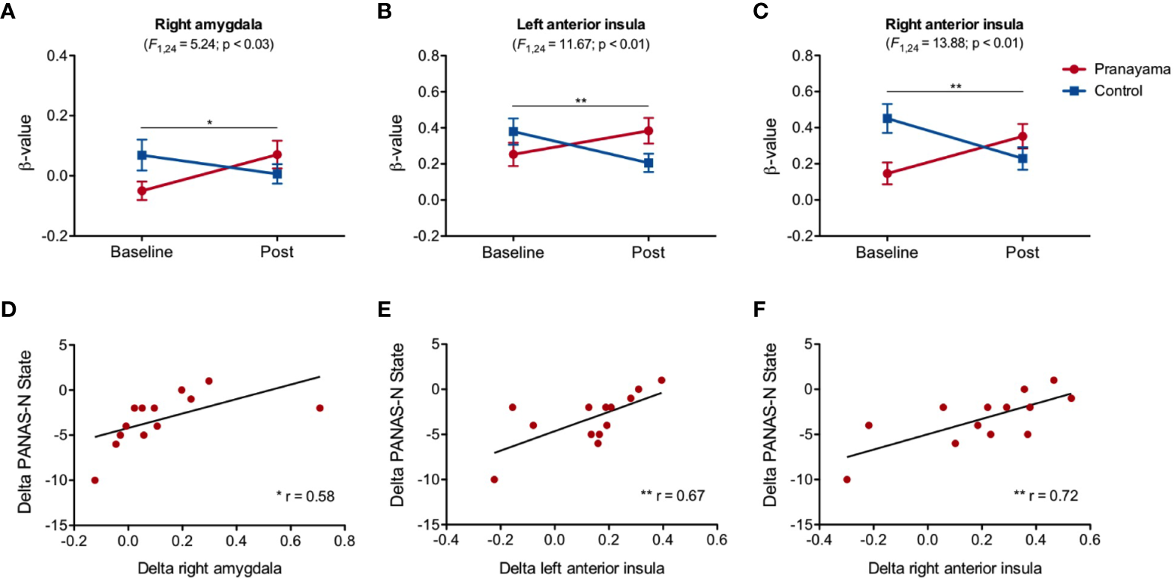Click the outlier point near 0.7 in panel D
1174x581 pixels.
(320, 408)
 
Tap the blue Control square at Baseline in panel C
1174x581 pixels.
(888, 118)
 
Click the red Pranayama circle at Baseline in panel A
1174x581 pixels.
(142, 190)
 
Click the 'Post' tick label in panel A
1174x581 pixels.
(277, 253)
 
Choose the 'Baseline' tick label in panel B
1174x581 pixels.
(514, 253)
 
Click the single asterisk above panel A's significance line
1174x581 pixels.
(209, 121)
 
